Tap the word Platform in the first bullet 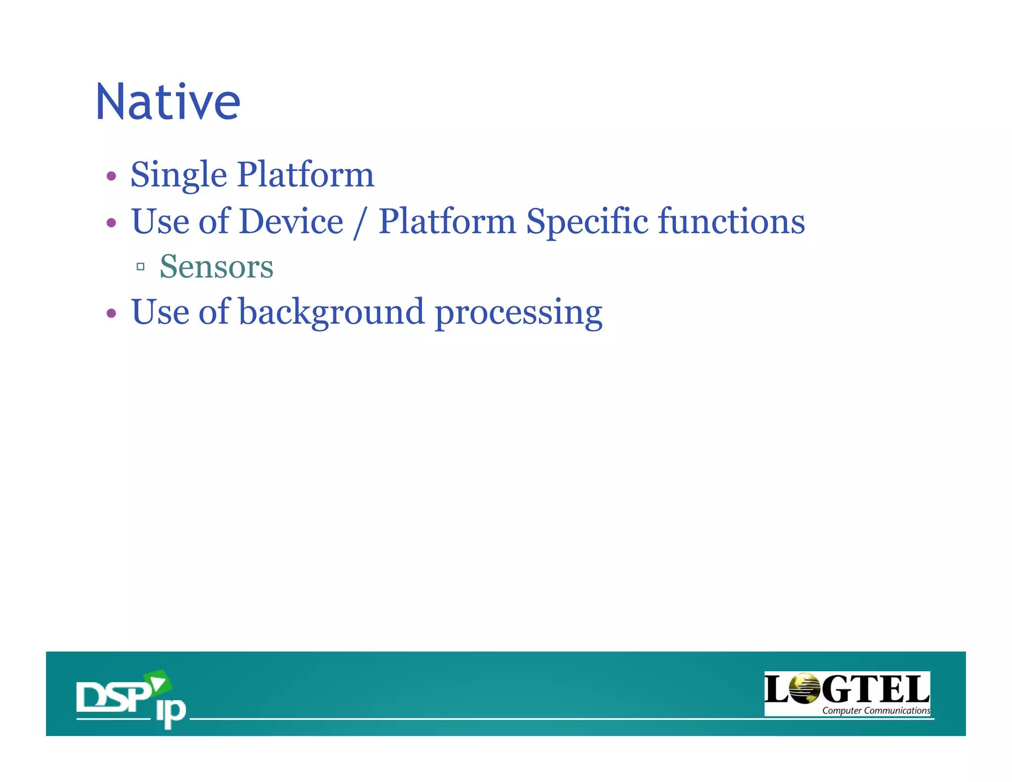[305, 175]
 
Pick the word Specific [587, 221]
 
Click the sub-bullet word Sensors [216, 267]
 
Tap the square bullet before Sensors [140, 267]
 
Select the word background [332, 312]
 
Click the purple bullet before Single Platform [111, 176]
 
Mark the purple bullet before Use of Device [111, 222]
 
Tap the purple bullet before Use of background [111, 313]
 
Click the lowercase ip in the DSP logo [170, 712]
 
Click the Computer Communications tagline [876, 710]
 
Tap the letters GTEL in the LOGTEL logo [875, 689]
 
